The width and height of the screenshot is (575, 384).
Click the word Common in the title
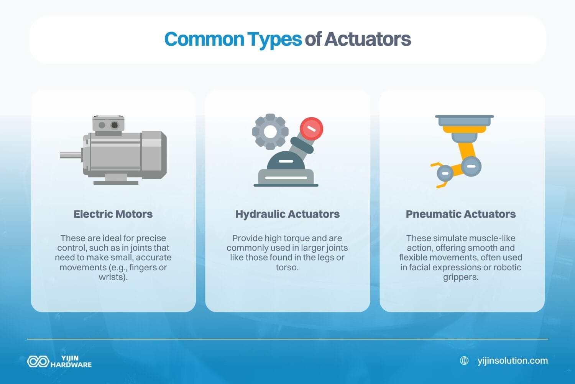[x=204, y=39]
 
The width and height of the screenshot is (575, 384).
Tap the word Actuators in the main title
[x=368, y=39]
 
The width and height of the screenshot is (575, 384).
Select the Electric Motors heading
[x=113, y=214]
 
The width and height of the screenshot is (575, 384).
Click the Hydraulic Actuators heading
[x=287, y=214]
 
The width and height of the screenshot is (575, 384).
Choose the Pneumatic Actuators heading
[x=461, y=214]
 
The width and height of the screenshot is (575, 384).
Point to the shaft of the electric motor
[x=71, y=155]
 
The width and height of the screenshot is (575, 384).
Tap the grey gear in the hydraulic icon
[x=270, y=131]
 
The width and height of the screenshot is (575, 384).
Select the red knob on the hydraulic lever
[x=311, y=128]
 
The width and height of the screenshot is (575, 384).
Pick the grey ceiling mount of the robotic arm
[x=464, y=121]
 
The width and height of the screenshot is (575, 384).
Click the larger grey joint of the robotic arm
[x=471, y=166]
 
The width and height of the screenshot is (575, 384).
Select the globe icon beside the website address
[x=464, y=361]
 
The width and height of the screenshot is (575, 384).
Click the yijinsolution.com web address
[x=513, y=361]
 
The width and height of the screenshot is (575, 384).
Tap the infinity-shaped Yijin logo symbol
[x=38, y=361]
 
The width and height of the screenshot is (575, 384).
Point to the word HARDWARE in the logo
[x=71, y=365]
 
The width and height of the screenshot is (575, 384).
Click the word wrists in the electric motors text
[x=111, y=277]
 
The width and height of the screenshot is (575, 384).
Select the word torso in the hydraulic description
[x=286, y=267]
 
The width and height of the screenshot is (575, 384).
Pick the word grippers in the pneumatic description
[x=460, y=277]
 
